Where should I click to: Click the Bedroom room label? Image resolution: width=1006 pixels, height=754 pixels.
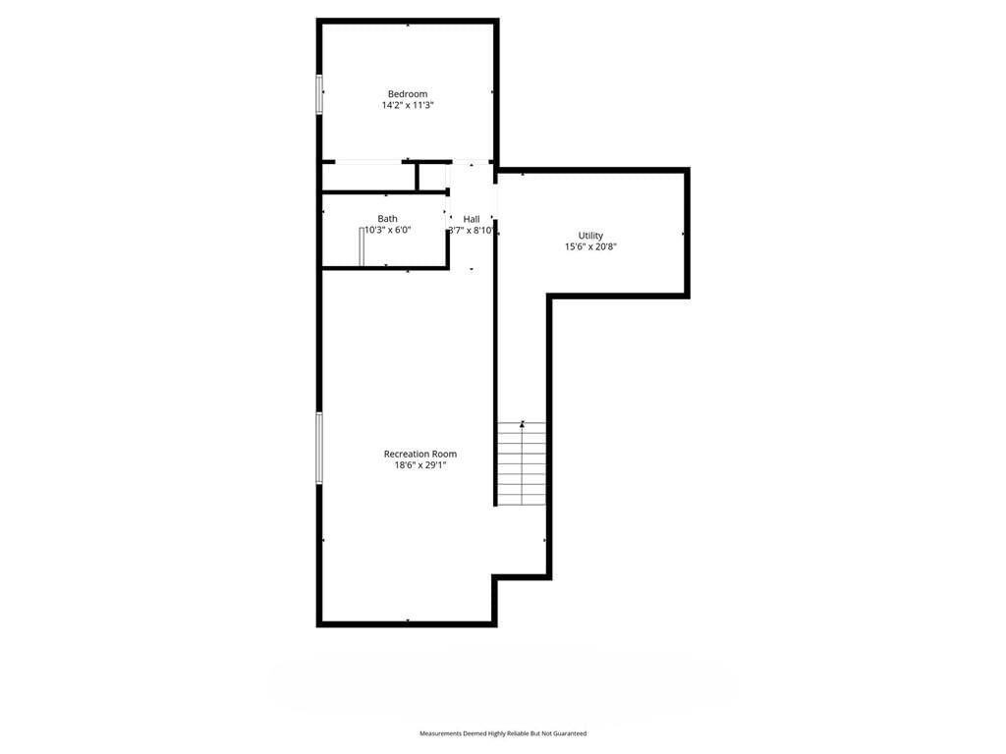click(408, 94)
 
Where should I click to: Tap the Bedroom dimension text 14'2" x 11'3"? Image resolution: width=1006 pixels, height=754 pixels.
click(408, 105)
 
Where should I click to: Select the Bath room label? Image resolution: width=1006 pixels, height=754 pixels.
click(387, 219)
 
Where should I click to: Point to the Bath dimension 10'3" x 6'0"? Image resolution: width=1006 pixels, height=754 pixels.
click(387, 230)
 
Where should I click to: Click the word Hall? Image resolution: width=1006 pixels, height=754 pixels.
click(472, 219)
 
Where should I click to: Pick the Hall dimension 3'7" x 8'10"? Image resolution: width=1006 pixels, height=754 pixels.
click(472, 230)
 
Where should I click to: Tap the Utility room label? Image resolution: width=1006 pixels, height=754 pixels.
click(590, 236)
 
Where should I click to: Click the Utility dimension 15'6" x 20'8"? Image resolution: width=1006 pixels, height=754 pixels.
click(590, 246)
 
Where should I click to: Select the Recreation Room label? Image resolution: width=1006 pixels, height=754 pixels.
click(420, 454)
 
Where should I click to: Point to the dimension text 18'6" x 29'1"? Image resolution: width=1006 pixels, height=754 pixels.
click(420, 465)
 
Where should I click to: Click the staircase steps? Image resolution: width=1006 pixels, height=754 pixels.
click(523, 464)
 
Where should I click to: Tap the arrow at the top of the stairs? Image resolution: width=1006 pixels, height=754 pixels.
click(523, 424)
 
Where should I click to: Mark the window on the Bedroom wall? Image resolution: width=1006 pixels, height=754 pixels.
click(319, 94)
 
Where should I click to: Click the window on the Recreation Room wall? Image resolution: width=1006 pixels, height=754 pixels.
click(319, 448)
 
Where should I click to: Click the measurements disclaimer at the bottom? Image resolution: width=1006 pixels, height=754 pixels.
click(503, 733)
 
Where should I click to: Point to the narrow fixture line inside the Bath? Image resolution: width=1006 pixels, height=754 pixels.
click(362, 246)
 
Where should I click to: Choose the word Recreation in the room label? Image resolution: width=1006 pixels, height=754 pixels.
click(406, 454)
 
